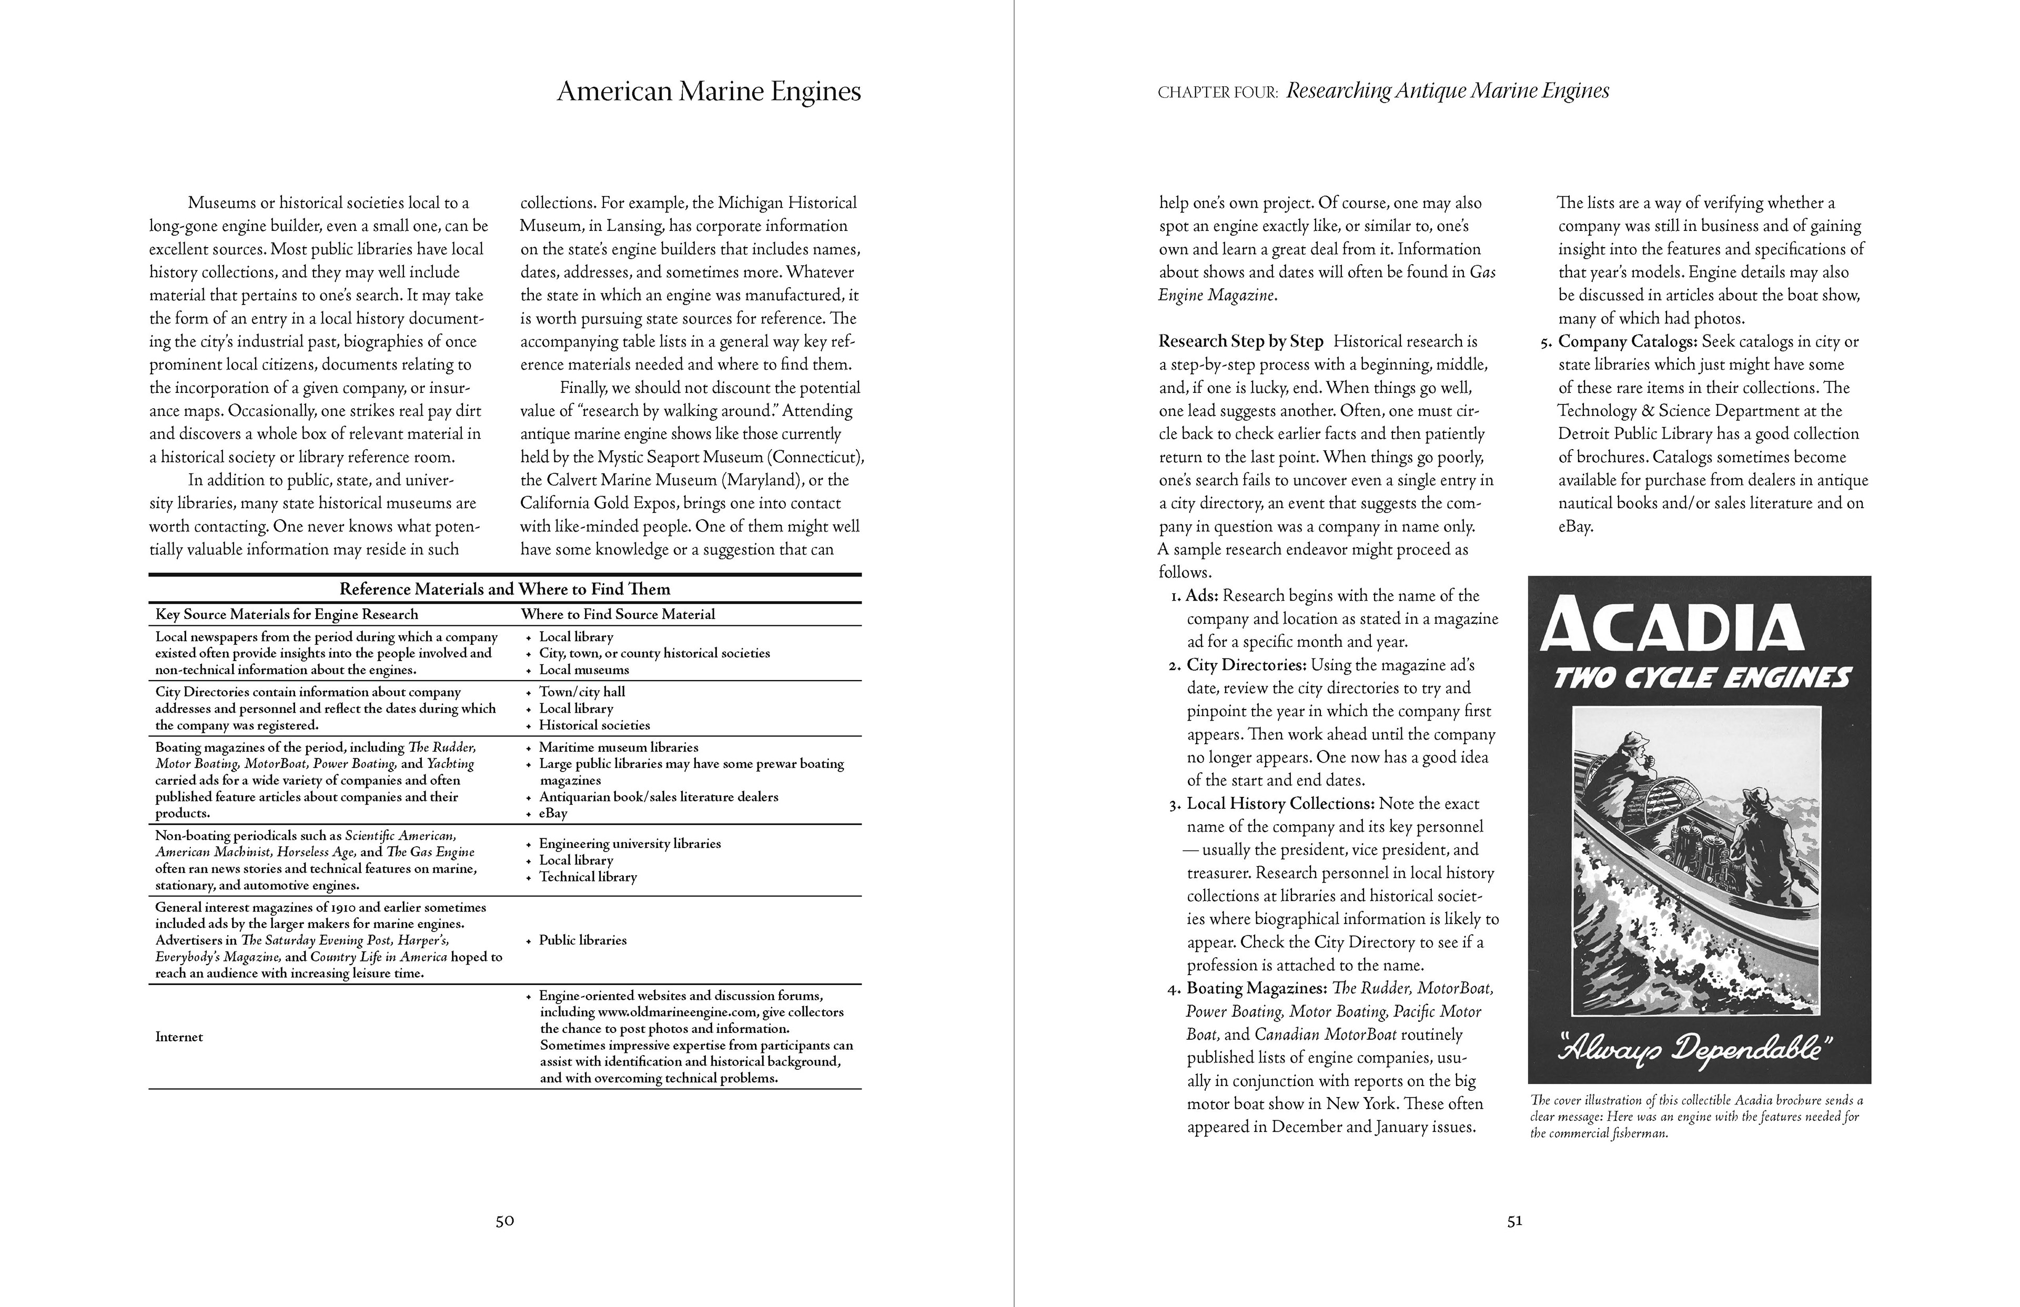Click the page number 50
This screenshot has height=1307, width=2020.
coord(505,1221)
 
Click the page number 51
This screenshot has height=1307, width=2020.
coord(1515,1221)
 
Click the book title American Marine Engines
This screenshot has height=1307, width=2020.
coord(709,92)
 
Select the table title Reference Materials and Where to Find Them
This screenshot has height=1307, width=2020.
coord(505,589)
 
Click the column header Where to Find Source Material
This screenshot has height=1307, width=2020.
coord(618,614)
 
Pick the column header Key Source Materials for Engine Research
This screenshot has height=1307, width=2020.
coord(287,614)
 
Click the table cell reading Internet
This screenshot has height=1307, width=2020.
coord(179,1037)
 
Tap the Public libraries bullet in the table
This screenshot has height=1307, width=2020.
coord(582,940)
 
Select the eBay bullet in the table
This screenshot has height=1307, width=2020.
coord(553,813)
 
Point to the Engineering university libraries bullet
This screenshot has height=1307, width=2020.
coord(630,844)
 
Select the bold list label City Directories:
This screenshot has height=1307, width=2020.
coord(1244,665)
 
